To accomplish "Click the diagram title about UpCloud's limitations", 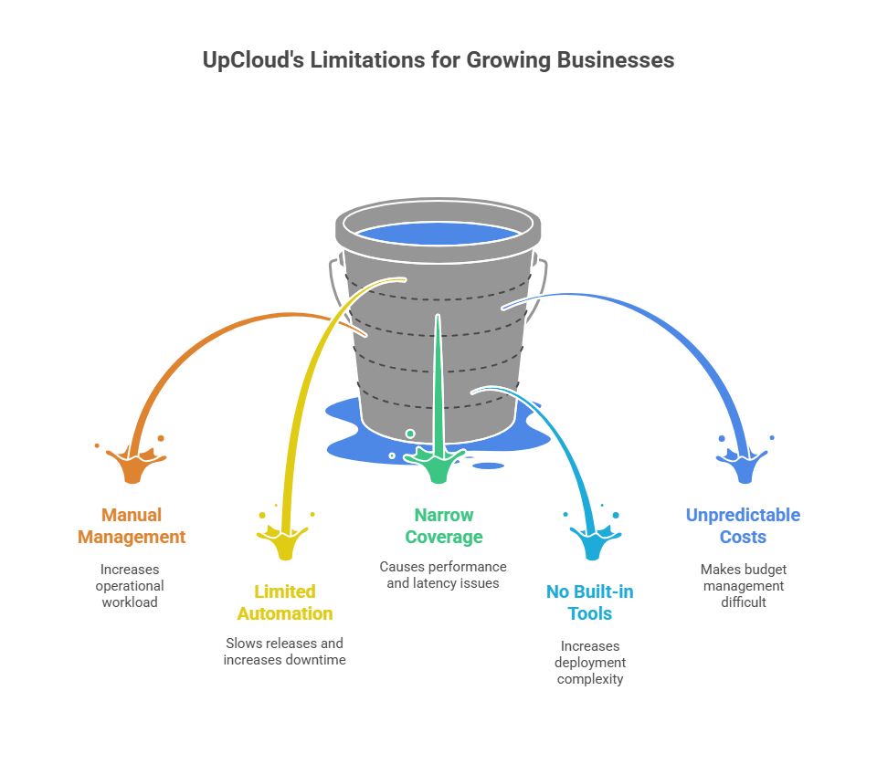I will (x=438, y=61).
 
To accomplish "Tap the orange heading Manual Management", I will (x=132, y=526).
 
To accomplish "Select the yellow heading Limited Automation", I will (x=285, y=602).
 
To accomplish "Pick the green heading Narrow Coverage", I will (x=444, y=526).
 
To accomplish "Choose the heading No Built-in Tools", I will (x=589, y=602).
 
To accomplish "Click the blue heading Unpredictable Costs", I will (x=743, y=526).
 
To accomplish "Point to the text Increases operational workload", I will (x=132, y=585).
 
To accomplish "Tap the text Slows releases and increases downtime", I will (x=285, y=652).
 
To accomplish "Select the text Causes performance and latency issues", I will (x=444, y=575).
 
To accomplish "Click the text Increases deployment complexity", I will (x=589, y=663).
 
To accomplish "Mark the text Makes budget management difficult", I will (x=743, y=585).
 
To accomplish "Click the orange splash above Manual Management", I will (x=133, y=466).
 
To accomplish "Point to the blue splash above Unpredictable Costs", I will (x=743, y=466).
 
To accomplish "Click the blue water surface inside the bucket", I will (x=438, y=233).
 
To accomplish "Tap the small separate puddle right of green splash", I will (x=489, y=466).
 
